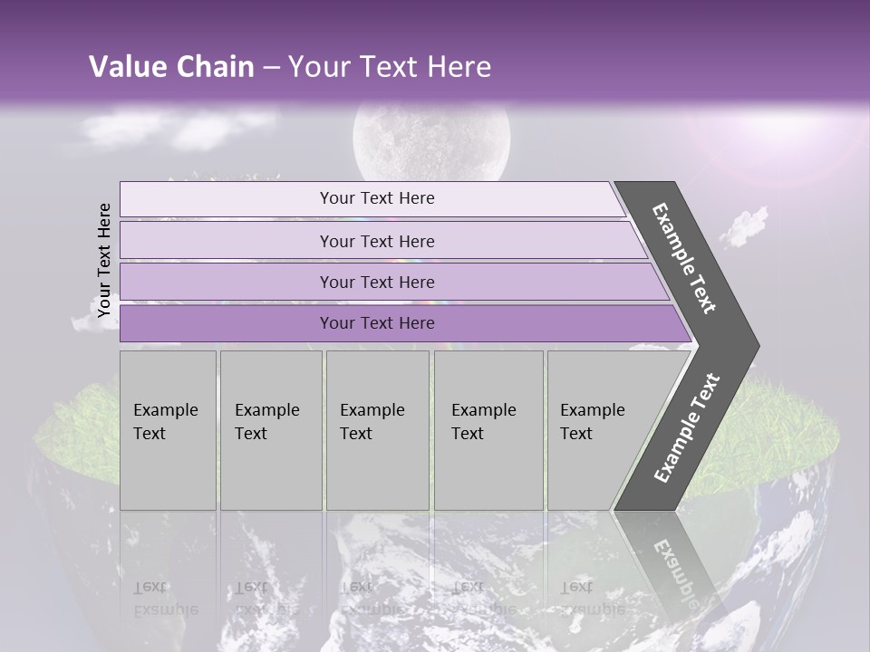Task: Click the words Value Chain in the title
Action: click(x=171, y=67)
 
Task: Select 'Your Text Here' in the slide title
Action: click(x=390, y=67)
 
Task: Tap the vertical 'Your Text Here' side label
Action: click(x=104, y=261)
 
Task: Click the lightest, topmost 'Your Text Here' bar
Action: click(x=377, y=198)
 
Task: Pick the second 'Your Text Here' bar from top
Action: click(x=377, y=241)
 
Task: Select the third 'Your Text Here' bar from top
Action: click(x=377, y=283)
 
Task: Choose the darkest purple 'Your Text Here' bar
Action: click(x=377, y=323)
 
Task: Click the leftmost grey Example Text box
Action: click(x=168, y=430)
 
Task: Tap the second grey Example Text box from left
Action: click(x=270, y=430)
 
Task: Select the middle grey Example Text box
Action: click(x=377, y=430)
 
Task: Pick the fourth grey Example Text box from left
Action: click(x=488, y=430)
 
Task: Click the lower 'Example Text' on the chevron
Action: click(x=687, y=427)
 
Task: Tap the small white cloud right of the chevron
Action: click(x=745, y=226)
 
